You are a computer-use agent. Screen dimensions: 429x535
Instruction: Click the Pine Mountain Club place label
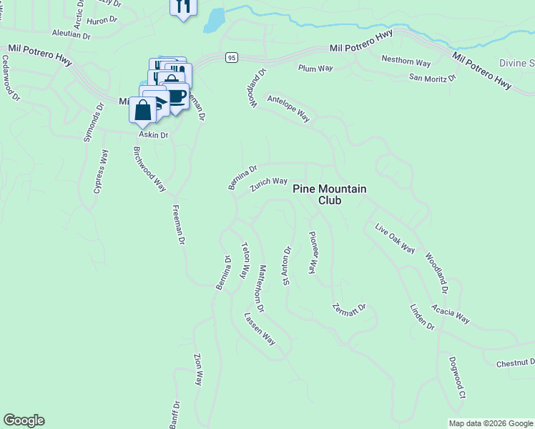pyautogui.click(x=330, y=194)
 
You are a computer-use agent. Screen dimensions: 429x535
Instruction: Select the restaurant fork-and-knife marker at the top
pyautogui.click(x=182, y=7)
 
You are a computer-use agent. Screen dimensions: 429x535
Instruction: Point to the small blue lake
pyautogui.click(x=214, y=22)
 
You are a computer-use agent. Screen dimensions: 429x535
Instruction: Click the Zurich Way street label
pyautogui.click(x=268, y=185)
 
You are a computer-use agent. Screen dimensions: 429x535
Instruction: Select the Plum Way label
pyautogui.click(x=315, y=68)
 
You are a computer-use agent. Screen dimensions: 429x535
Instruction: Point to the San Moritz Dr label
pyautogui.click(x=432, y=77)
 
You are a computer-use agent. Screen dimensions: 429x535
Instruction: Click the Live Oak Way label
pyautogui.click(x=395, y=238)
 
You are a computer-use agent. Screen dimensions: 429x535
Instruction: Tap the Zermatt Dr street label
pyautogui.click(x=349, y=309)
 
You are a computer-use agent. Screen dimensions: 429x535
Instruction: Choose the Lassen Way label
pyautogui.click(x=260, y=328)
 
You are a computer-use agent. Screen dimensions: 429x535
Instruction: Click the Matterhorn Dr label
pyautogui.click(x=256, y=287)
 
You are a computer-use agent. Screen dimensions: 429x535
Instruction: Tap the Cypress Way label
pyautogui.click(x=101, y=171)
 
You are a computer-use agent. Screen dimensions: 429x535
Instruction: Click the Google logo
pyautogui.click(x=24, y=420)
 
